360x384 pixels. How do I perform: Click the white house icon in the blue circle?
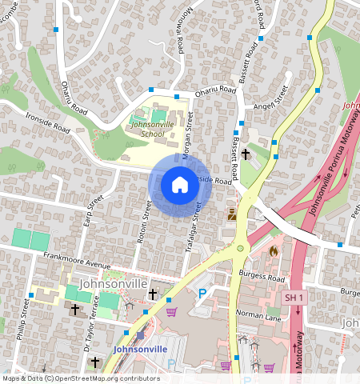[179, 186]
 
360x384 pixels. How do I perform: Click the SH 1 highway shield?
[294, 298]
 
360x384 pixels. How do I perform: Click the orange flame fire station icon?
[273, 250]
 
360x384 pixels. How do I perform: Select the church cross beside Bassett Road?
[246, 153]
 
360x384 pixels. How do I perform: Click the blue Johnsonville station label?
[141, 350]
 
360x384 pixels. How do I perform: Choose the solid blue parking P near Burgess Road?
[202, 294]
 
